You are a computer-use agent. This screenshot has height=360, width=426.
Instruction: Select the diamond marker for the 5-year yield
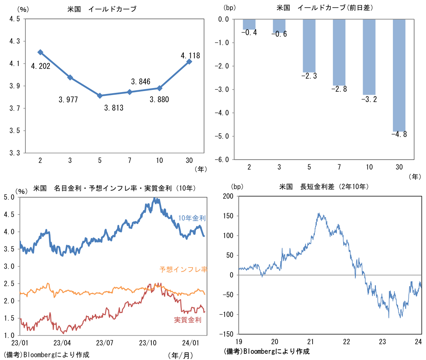click(x=100, y=95)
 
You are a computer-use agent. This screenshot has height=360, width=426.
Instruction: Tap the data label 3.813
click(x=114, y=108)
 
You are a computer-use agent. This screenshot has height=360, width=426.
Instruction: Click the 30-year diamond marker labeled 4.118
click(x=189, y=62)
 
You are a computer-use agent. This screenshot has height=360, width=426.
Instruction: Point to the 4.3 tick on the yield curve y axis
click(x=15, y=42)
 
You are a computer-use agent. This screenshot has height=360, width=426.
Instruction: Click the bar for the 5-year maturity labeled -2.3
click(x=309, y=46)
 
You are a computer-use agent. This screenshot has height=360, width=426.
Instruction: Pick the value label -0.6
click(x=279, y=34)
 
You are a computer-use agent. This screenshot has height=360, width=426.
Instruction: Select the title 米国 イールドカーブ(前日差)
click(x=325, y=8)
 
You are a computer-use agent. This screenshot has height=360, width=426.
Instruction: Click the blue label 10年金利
click(x=191, y=218)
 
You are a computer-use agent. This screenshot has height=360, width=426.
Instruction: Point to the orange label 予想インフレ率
click(x=183, y=269)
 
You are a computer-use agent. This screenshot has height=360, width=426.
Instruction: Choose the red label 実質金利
click(x=188, y=320)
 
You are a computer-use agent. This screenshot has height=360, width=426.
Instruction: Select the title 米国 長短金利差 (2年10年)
click(x=324, y=187)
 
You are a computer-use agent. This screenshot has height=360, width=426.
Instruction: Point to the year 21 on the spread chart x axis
click(x=310, y=341)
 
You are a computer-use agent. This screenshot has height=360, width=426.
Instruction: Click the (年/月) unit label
click(x=180, y=355)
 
